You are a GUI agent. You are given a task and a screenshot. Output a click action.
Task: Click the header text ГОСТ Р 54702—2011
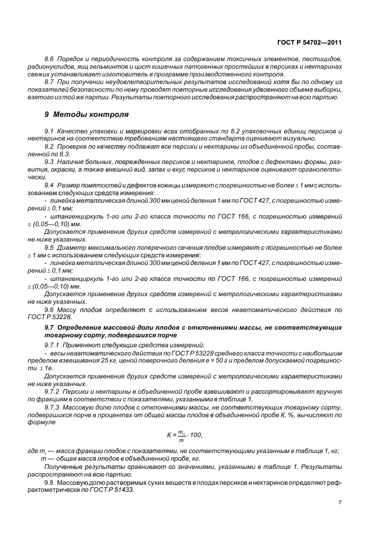click(x=310, y=42)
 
